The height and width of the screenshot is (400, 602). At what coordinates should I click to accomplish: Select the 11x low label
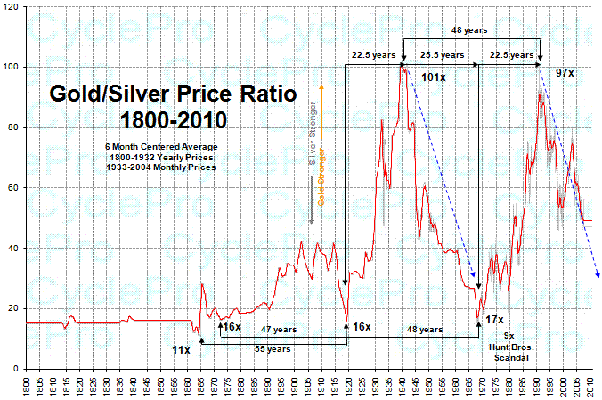pyautogui.click(x=181, y=351)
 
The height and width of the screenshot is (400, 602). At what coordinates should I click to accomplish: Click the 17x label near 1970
pyautogui.click(x=494, y=319)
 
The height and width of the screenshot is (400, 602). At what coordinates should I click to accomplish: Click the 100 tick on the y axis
pyautogui.click(x=14, y=67)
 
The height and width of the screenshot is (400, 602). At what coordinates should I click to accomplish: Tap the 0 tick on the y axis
pyautogui.click(x=20, y=369)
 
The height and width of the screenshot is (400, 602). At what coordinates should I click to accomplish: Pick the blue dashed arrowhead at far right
pyautogui.click(x=597, y=275)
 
